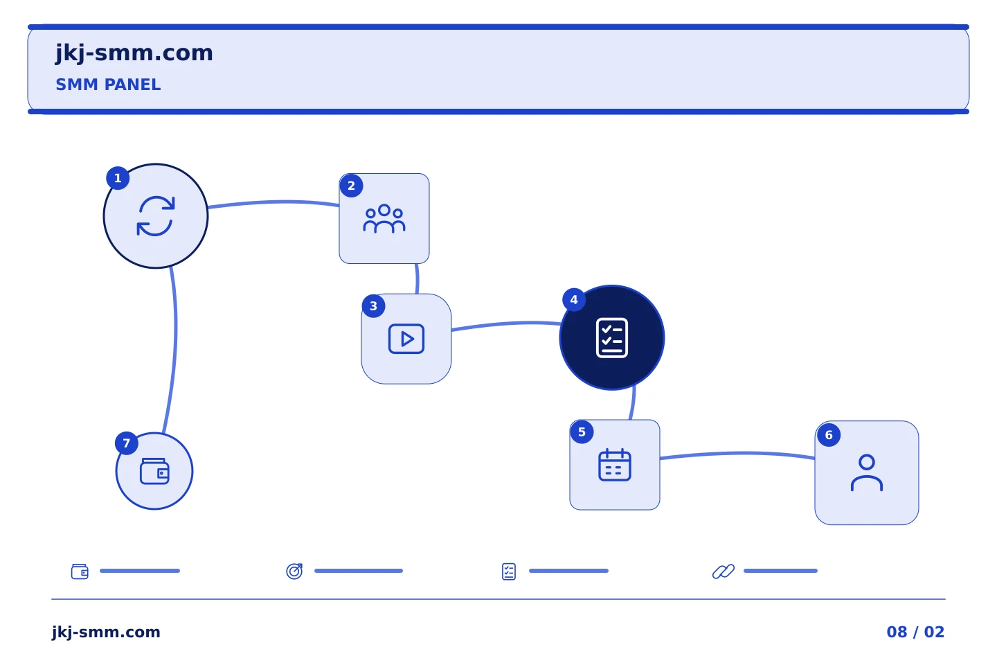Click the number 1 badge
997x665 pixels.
[118, 178]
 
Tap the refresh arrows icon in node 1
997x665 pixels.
[156, 216]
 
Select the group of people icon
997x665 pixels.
[384, 219]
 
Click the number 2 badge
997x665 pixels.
[351, 186]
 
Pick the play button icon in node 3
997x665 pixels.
[406, 339]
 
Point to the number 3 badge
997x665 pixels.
[373, 306]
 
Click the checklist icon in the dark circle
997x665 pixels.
[612, 337]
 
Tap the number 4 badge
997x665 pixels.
[574, 300]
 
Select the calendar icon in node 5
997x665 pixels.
[615, 465]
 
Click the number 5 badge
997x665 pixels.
[582, 432]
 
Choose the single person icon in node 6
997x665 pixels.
[867, 472]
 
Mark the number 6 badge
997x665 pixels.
[829, 435]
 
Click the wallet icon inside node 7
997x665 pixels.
[154, 471]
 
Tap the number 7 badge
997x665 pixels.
[127, 443]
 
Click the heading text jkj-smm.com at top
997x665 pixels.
[134, 53]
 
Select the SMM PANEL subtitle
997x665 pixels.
[108, 85]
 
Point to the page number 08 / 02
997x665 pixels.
[915, 632]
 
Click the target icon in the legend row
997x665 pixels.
[294, 571]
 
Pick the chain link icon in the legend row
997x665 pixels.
[724, 571]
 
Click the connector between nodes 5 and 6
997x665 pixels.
[737, 454]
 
